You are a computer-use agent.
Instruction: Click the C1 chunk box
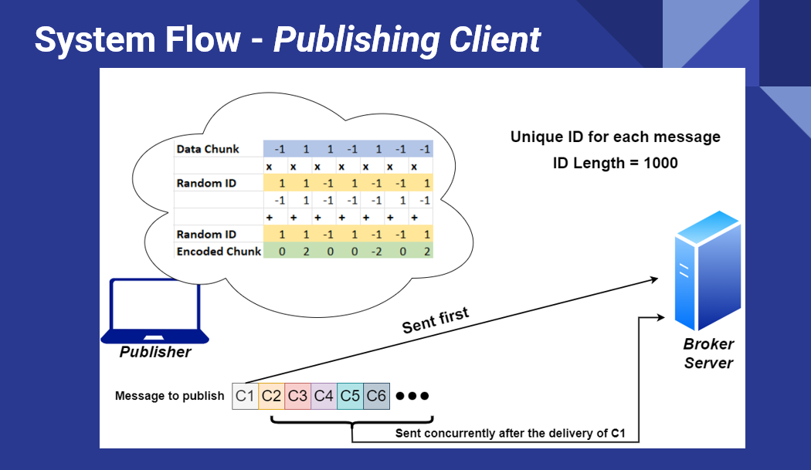(x=245, y=396)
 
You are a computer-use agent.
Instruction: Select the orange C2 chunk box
(x=272, y=396)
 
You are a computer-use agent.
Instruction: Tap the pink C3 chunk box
(x=298, y=396)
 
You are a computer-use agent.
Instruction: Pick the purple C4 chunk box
(x=324, y=396)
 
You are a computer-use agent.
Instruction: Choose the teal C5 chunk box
(x=350, y=396)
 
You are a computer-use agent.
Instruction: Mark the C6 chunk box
(x=377, y=396)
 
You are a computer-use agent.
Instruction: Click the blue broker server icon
(x=708, y=270)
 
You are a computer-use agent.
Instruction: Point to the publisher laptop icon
(x=154, y=311)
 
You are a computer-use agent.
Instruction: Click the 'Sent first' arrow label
(x=436, y=320)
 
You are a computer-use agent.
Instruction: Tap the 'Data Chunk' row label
(x=208, y=149)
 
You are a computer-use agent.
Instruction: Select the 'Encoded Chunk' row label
(x=219, y=252)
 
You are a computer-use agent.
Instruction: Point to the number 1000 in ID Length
(x=660, y=163)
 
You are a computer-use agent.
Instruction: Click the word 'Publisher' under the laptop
(x=155, y=352)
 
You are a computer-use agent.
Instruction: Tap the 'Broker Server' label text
(x=708, y=353)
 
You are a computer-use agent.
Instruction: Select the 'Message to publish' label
(x=170, y=396)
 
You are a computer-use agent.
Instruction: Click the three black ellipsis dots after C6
(x=412, y=396)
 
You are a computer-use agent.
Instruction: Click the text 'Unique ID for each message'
(x=616, y=137)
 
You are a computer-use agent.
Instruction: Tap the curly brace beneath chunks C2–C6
(x=352, y=421)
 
